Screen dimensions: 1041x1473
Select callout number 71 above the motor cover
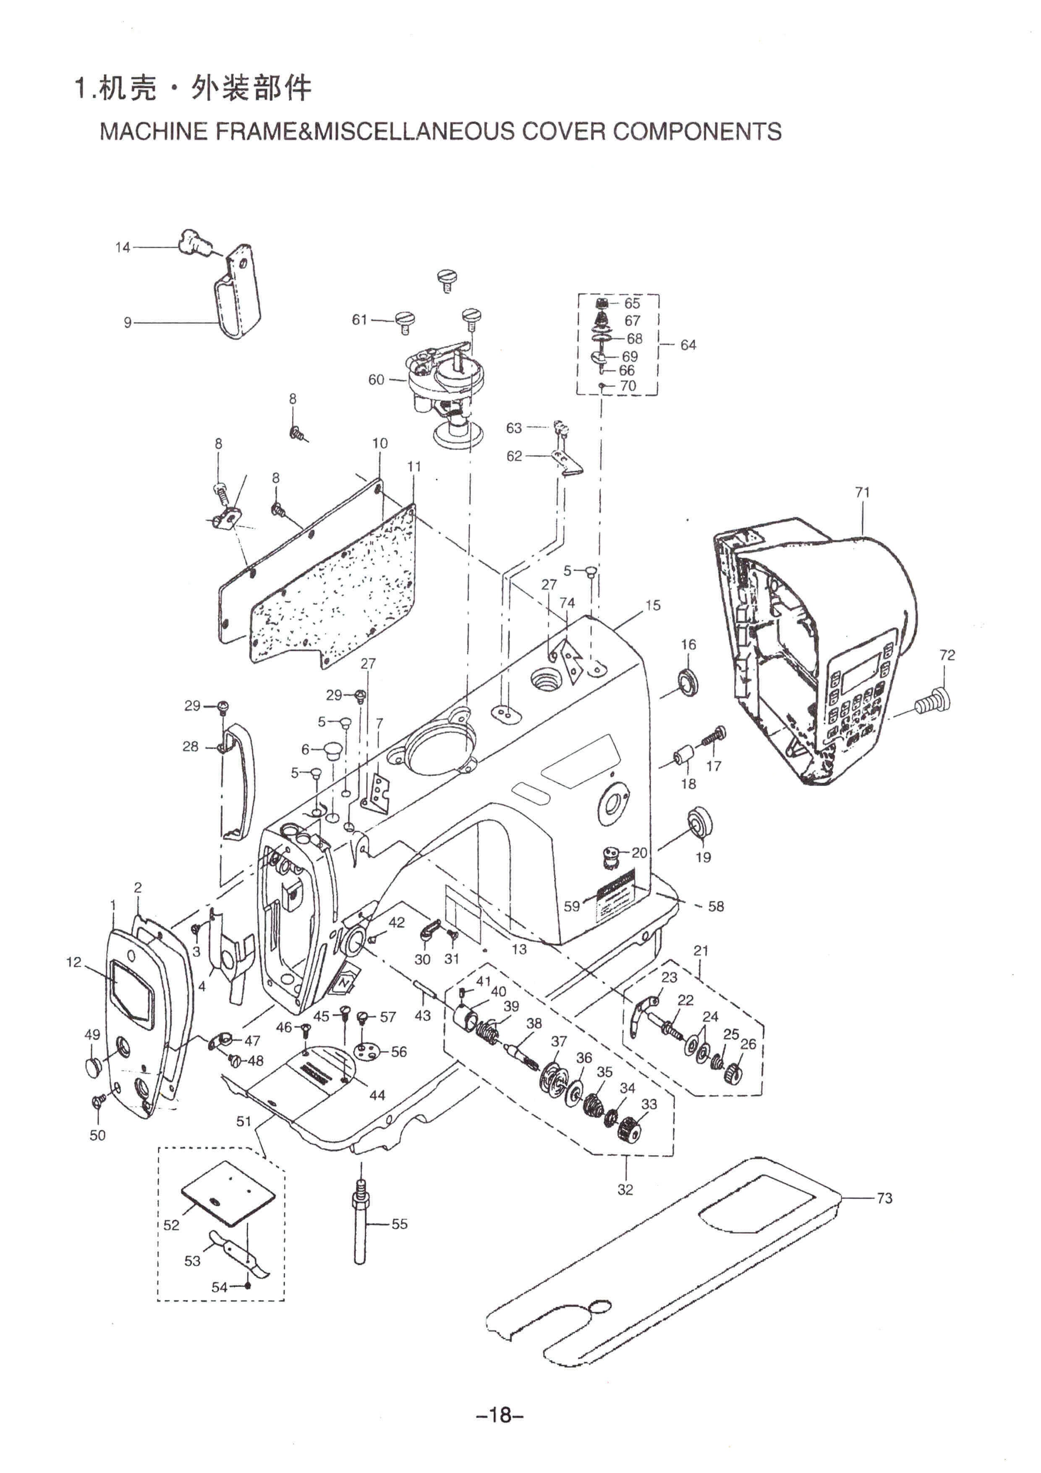(x=863, y=492)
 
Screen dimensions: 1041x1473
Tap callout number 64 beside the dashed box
(x=688, y=345)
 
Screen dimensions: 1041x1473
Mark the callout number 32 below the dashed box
(x=625, y=1190)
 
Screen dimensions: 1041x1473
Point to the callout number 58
(x=716, y=907)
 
